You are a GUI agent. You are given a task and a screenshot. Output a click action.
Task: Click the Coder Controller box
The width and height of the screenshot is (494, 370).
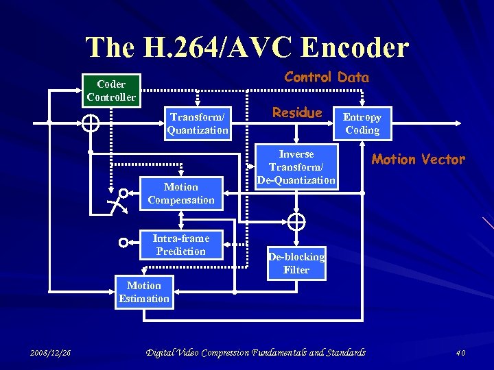[111, 90]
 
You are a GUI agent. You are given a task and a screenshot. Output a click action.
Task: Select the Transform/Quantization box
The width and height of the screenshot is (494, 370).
[198, 123]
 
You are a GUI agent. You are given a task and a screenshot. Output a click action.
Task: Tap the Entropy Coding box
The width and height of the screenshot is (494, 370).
[362, 123]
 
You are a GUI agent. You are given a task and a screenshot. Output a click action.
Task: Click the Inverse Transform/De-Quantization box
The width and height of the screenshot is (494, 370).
[296, 167]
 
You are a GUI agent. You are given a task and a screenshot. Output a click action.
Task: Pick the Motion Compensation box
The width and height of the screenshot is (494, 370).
[181, 193]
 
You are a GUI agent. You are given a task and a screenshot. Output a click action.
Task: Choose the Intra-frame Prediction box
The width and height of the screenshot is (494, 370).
[181, 245]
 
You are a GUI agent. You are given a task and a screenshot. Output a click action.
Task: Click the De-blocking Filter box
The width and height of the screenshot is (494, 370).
[296, 263]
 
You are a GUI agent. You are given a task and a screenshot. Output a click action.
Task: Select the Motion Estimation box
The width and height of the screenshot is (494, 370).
[144, 292]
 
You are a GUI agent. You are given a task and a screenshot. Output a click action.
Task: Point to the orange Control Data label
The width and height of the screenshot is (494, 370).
[327, 77]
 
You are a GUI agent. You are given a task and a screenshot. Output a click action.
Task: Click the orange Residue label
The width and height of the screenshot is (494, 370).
[297, 112]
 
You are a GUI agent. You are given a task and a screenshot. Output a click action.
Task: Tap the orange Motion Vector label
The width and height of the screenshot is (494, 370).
[418, 160]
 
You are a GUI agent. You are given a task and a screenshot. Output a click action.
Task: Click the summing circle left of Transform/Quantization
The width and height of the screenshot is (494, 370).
[91, 123]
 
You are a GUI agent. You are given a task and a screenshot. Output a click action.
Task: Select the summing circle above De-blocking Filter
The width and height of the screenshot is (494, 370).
[296, 221]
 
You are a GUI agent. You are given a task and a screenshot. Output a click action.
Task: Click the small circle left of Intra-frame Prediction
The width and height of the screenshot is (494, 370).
[123, 243]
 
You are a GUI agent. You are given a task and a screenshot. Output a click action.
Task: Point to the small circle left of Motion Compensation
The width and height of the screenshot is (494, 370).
[123, 193]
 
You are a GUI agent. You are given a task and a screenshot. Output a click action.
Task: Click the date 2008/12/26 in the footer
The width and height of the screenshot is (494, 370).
[51, 353]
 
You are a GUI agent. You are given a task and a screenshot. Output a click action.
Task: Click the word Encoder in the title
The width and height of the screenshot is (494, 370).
[355, 47]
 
